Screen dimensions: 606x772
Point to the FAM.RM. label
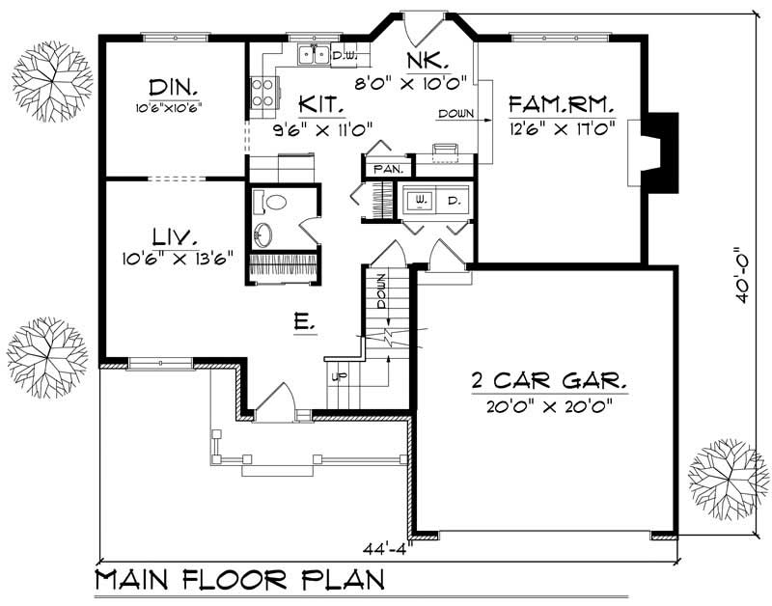pos(563,103)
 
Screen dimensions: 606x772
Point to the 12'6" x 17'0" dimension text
pos(563,127)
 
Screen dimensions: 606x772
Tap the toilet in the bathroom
pos(276,204)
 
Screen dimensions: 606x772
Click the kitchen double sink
pos(314,55)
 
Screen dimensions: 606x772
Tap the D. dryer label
pos(453,200)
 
